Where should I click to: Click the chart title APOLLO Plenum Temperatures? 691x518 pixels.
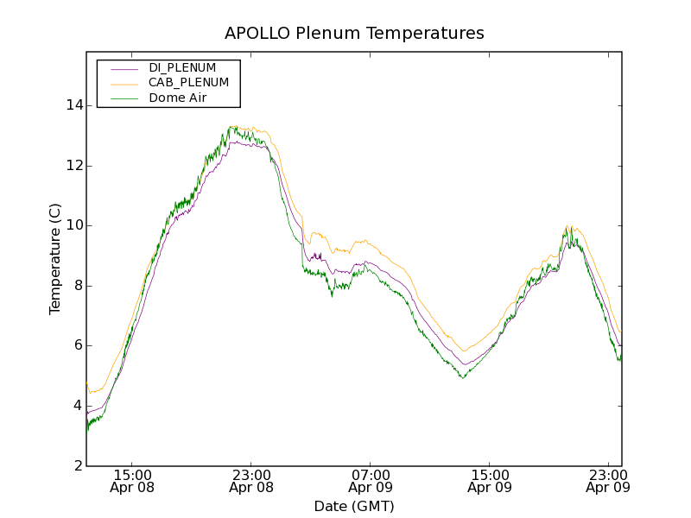click(354, 34)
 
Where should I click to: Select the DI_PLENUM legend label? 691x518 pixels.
click(182, 67)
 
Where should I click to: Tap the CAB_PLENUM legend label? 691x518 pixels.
click(188, 83)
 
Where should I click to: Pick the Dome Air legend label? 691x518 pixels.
click(178, 98)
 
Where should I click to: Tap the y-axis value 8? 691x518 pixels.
click(75, 286)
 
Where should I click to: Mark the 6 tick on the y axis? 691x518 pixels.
click(75, 345)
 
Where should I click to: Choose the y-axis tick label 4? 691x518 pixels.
click(75, 406)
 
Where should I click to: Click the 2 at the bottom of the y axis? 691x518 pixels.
click(75, 465)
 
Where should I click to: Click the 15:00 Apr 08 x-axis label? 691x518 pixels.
click(132, 481)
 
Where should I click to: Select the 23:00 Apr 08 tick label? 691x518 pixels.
click(251, 481)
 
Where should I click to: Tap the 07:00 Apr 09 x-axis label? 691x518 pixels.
click(371, 481)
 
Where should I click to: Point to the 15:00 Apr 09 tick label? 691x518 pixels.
click(490, 481)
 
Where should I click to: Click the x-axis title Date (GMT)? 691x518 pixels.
click(354, 506)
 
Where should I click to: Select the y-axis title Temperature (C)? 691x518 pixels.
click(55, 259)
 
